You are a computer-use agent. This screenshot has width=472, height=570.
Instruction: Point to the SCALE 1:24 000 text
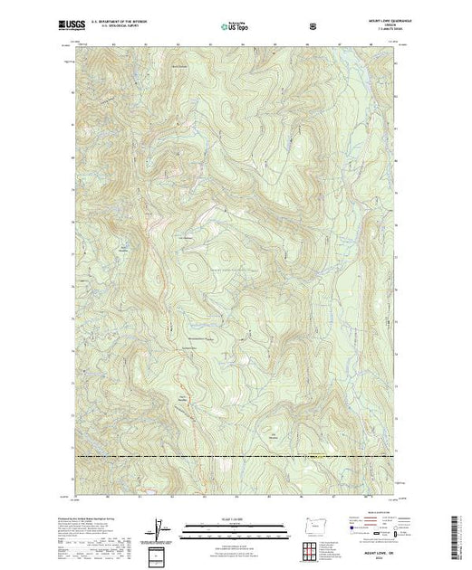[x=235, y=519]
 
